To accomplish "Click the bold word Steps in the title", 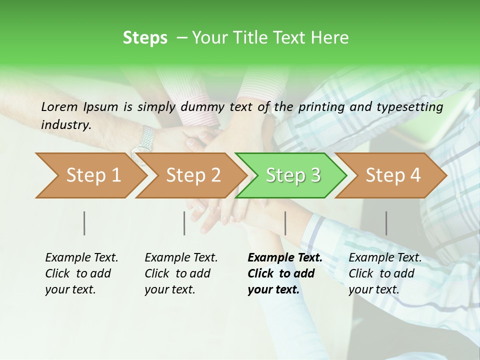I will click(145, 38).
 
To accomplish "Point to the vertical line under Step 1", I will click(84, 223).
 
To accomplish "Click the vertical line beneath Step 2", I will click(184, 223).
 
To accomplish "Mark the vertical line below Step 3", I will click(285, 223).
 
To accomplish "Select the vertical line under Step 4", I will click(386, 223).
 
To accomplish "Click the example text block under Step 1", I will click(81, 273).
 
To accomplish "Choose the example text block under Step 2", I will click(181, 273).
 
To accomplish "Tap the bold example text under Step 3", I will click(284, 273).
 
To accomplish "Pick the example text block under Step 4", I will click(385, 273).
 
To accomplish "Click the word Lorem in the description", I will click(59, 107).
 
